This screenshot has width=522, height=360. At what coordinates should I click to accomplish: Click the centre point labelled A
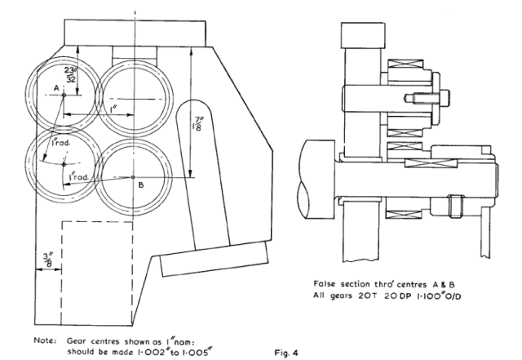pos(64,96)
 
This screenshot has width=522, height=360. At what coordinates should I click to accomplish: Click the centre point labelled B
pos(132,176)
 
